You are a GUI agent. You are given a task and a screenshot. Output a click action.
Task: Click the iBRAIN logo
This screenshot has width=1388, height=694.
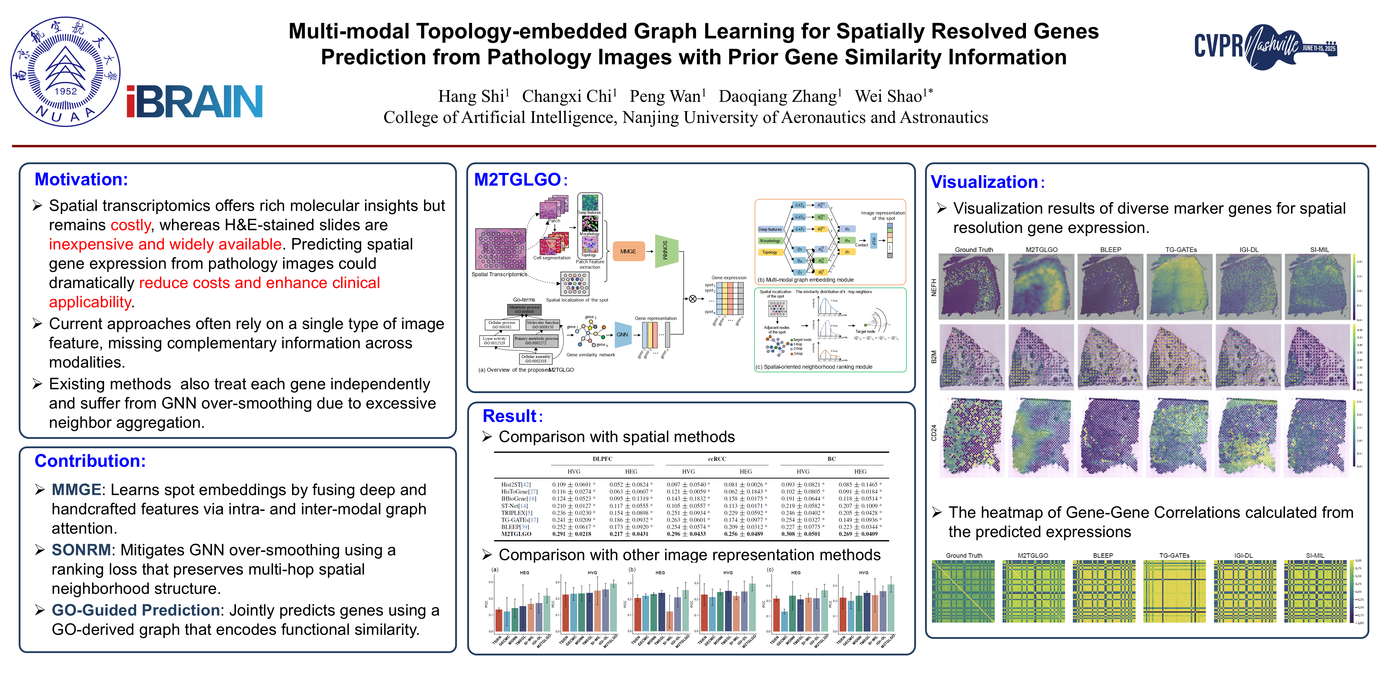[x=195, y=101]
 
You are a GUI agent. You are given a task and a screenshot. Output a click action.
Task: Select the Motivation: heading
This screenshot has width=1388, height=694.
[x=81, y=180]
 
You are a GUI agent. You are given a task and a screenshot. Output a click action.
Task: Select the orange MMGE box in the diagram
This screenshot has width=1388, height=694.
[x=628, y=252]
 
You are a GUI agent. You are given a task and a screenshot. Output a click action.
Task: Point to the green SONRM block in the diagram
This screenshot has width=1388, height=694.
[x=666, y=251]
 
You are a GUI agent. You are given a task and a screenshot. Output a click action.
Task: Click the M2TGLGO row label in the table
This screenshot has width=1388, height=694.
[x=516, y=534]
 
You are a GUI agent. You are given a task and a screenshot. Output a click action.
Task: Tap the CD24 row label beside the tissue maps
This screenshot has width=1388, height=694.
[x=934, y=433]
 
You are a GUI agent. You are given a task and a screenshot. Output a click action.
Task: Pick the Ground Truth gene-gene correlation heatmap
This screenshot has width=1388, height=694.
[x=963, y=591]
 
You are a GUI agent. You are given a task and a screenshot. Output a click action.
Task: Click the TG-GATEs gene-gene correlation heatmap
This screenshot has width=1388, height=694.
[x=1175, y=591]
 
